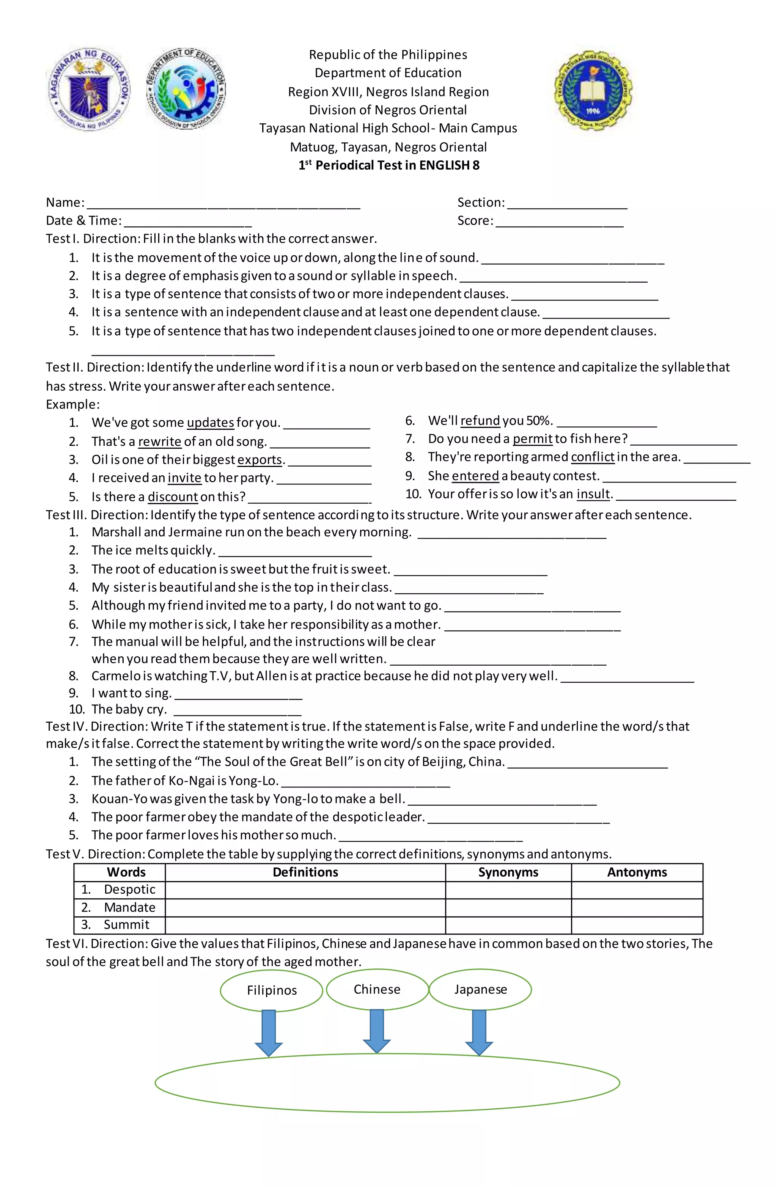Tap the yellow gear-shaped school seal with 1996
click(592, 90)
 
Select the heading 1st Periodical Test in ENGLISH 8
click(388, 165)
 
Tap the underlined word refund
click(480, 421)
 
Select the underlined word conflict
click(592, 457)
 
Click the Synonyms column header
click(508, 872)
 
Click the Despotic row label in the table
click(129, 889)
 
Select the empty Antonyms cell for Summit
click(637, 925)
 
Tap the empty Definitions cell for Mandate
click(305, 907)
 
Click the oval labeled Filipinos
click(272, 990)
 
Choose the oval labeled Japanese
click(480, 989)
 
